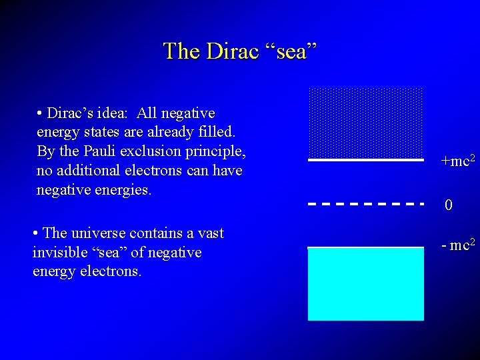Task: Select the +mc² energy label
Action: coord(457,161)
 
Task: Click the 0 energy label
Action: coord(449,205)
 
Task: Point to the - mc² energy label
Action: coord(457,245)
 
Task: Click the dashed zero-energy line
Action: coord(366,203)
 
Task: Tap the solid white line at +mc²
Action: coord(366,160)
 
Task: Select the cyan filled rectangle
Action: coord(366,284)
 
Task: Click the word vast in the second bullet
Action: coord(209,233)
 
